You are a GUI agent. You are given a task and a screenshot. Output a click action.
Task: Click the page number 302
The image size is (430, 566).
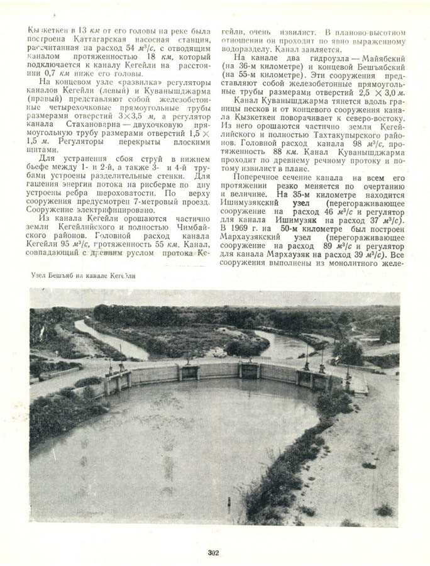212,553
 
